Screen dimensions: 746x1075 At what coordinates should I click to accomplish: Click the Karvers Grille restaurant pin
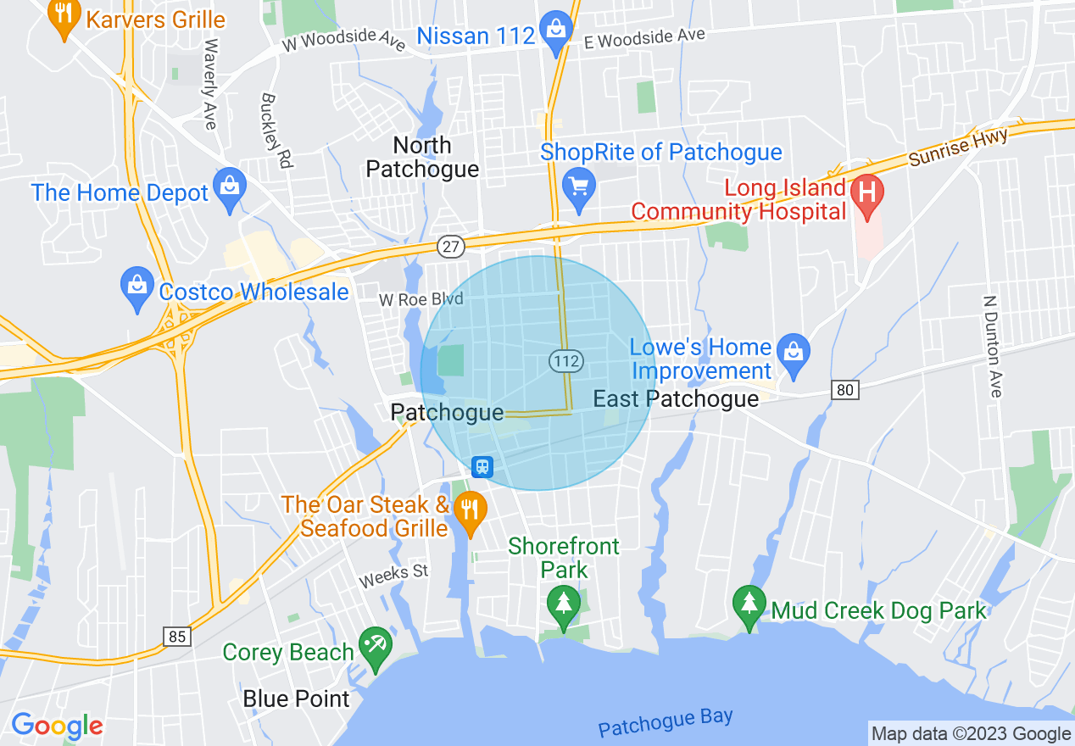pyautogui.click(x=63, y=17)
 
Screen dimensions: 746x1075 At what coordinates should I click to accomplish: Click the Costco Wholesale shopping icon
pyautogui.click(x=136, y=287)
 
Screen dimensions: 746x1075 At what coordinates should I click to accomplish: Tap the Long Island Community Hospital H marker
pyautogui.click(x=867, y=192)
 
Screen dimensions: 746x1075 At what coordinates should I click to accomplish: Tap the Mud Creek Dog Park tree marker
pyautogui.click(x=749, y=604)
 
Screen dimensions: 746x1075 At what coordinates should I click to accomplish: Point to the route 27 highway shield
pyautogui.click(x=451, y=247)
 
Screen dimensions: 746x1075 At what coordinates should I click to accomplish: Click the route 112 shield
pyautogui.click(x=565, y=361)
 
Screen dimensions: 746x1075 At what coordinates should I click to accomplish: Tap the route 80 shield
pyautogui.click(x=845, y=390)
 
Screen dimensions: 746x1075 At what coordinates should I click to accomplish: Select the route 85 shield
pyautogui.click(x=177, y=636)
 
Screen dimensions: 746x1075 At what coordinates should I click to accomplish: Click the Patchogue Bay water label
pyautogui.click(x=665, y=722)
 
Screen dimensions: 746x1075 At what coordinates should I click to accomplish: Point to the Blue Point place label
pyautogui.click(x=296, y=699)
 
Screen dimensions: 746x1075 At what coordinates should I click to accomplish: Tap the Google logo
pyautogui.click(x=57, y=726)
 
